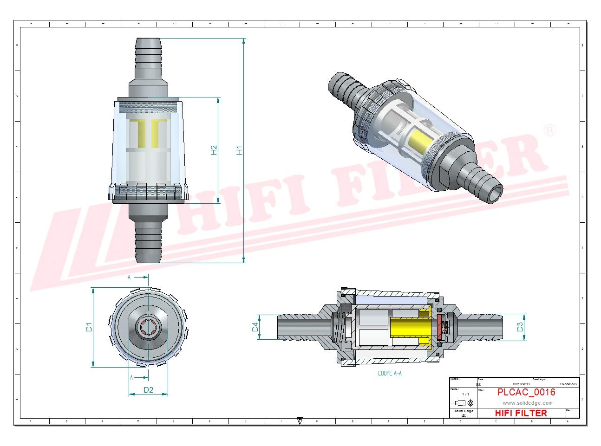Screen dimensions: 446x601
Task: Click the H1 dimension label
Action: coord(239,150)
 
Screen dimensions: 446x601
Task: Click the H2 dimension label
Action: coord(214,150)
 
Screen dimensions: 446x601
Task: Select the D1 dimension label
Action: coord(89,327)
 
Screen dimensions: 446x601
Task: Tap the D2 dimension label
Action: coord(148,390)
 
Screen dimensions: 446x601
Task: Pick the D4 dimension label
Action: coord(255,327)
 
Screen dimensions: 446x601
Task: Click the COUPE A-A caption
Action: coord(390,373)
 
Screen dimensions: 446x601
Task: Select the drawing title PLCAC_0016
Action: coord(526,392)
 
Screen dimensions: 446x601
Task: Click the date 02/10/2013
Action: coord(521,384)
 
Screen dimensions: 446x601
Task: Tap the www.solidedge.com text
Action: coord(528,403)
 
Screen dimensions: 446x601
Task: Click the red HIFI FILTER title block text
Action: coord(521,413)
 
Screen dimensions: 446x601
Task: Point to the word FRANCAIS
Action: coord(568,384)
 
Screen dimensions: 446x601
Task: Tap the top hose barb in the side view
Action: coord(148,53)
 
